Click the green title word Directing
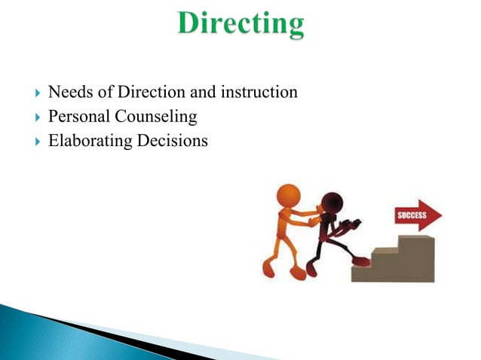pos(241,24)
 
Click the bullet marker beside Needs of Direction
pos(33,94)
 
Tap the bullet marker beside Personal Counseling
pos(33,117)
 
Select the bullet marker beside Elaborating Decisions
pos(33,141)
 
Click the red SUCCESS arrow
pos(419,216)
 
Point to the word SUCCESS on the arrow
pos(412,216)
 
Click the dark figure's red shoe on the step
pos(363,261)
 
